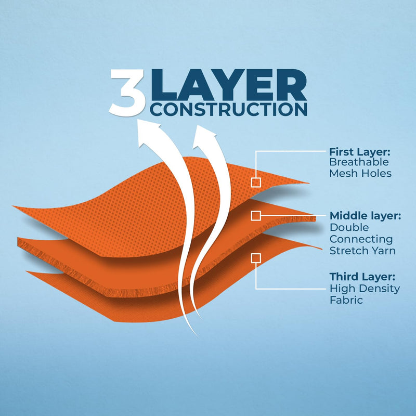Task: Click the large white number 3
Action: [127, 93]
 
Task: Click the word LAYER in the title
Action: [229, 85]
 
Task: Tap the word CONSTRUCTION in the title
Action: [229, 109]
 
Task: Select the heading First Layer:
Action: [360, 152]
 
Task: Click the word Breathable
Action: [359, 162]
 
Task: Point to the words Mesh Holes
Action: [360, 173]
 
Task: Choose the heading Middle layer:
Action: [365, 216]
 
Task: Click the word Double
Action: [349, 227]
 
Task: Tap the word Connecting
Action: [361, 239]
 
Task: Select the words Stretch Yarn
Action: [362, 251]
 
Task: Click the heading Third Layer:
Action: [362, 277]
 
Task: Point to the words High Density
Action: [365, 289]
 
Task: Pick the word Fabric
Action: [346, 300]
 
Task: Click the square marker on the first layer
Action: [256, 183]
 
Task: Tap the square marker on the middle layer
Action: [256, 216]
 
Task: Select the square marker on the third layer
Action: [256, 258]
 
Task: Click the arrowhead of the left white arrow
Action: [149, 133]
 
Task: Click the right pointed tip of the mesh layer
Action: [309, 183]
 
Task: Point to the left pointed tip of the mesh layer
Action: [14, 206]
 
